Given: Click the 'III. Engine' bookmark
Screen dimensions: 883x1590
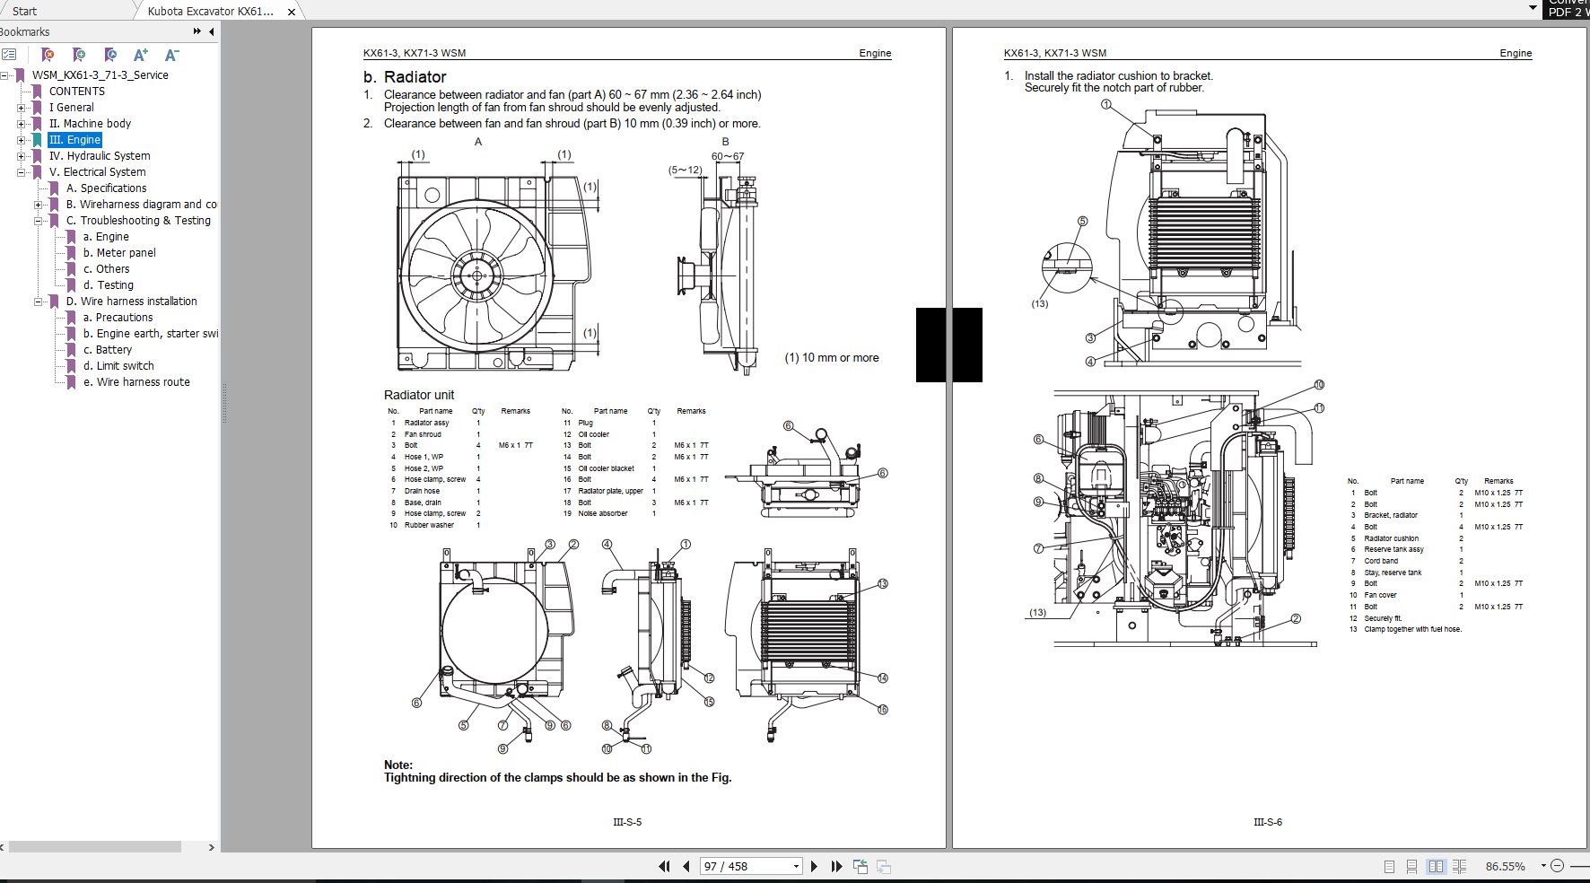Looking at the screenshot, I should click(74, 140).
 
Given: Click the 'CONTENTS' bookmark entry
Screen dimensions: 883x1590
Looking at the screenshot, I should click(76, 92).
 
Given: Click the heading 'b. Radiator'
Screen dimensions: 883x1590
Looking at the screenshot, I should click(405, 77).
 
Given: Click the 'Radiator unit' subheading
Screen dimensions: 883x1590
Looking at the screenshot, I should click(419, 395).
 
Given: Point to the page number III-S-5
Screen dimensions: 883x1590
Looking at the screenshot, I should click(627, 822).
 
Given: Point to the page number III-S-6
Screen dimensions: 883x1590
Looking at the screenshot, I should click(1268, 822).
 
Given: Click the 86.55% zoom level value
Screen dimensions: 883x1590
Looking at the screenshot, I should click(1505, 866).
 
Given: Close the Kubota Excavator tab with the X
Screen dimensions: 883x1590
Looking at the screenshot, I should click(292, 12).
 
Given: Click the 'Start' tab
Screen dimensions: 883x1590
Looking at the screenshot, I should click(25, 12).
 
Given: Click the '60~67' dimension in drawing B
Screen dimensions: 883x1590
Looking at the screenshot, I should click(728, 156).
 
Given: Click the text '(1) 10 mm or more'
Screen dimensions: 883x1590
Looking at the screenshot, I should click(832, 358).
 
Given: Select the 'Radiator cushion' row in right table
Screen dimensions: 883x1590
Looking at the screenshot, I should click(1391, 538).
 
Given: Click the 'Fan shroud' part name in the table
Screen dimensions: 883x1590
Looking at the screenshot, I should click(423, 434).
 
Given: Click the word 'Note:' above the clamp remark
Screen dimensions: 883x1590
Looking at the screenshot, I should click(398, 765).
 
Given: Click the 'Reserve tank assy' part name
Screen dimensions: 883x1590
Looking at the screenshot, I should click(1393, 549).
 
